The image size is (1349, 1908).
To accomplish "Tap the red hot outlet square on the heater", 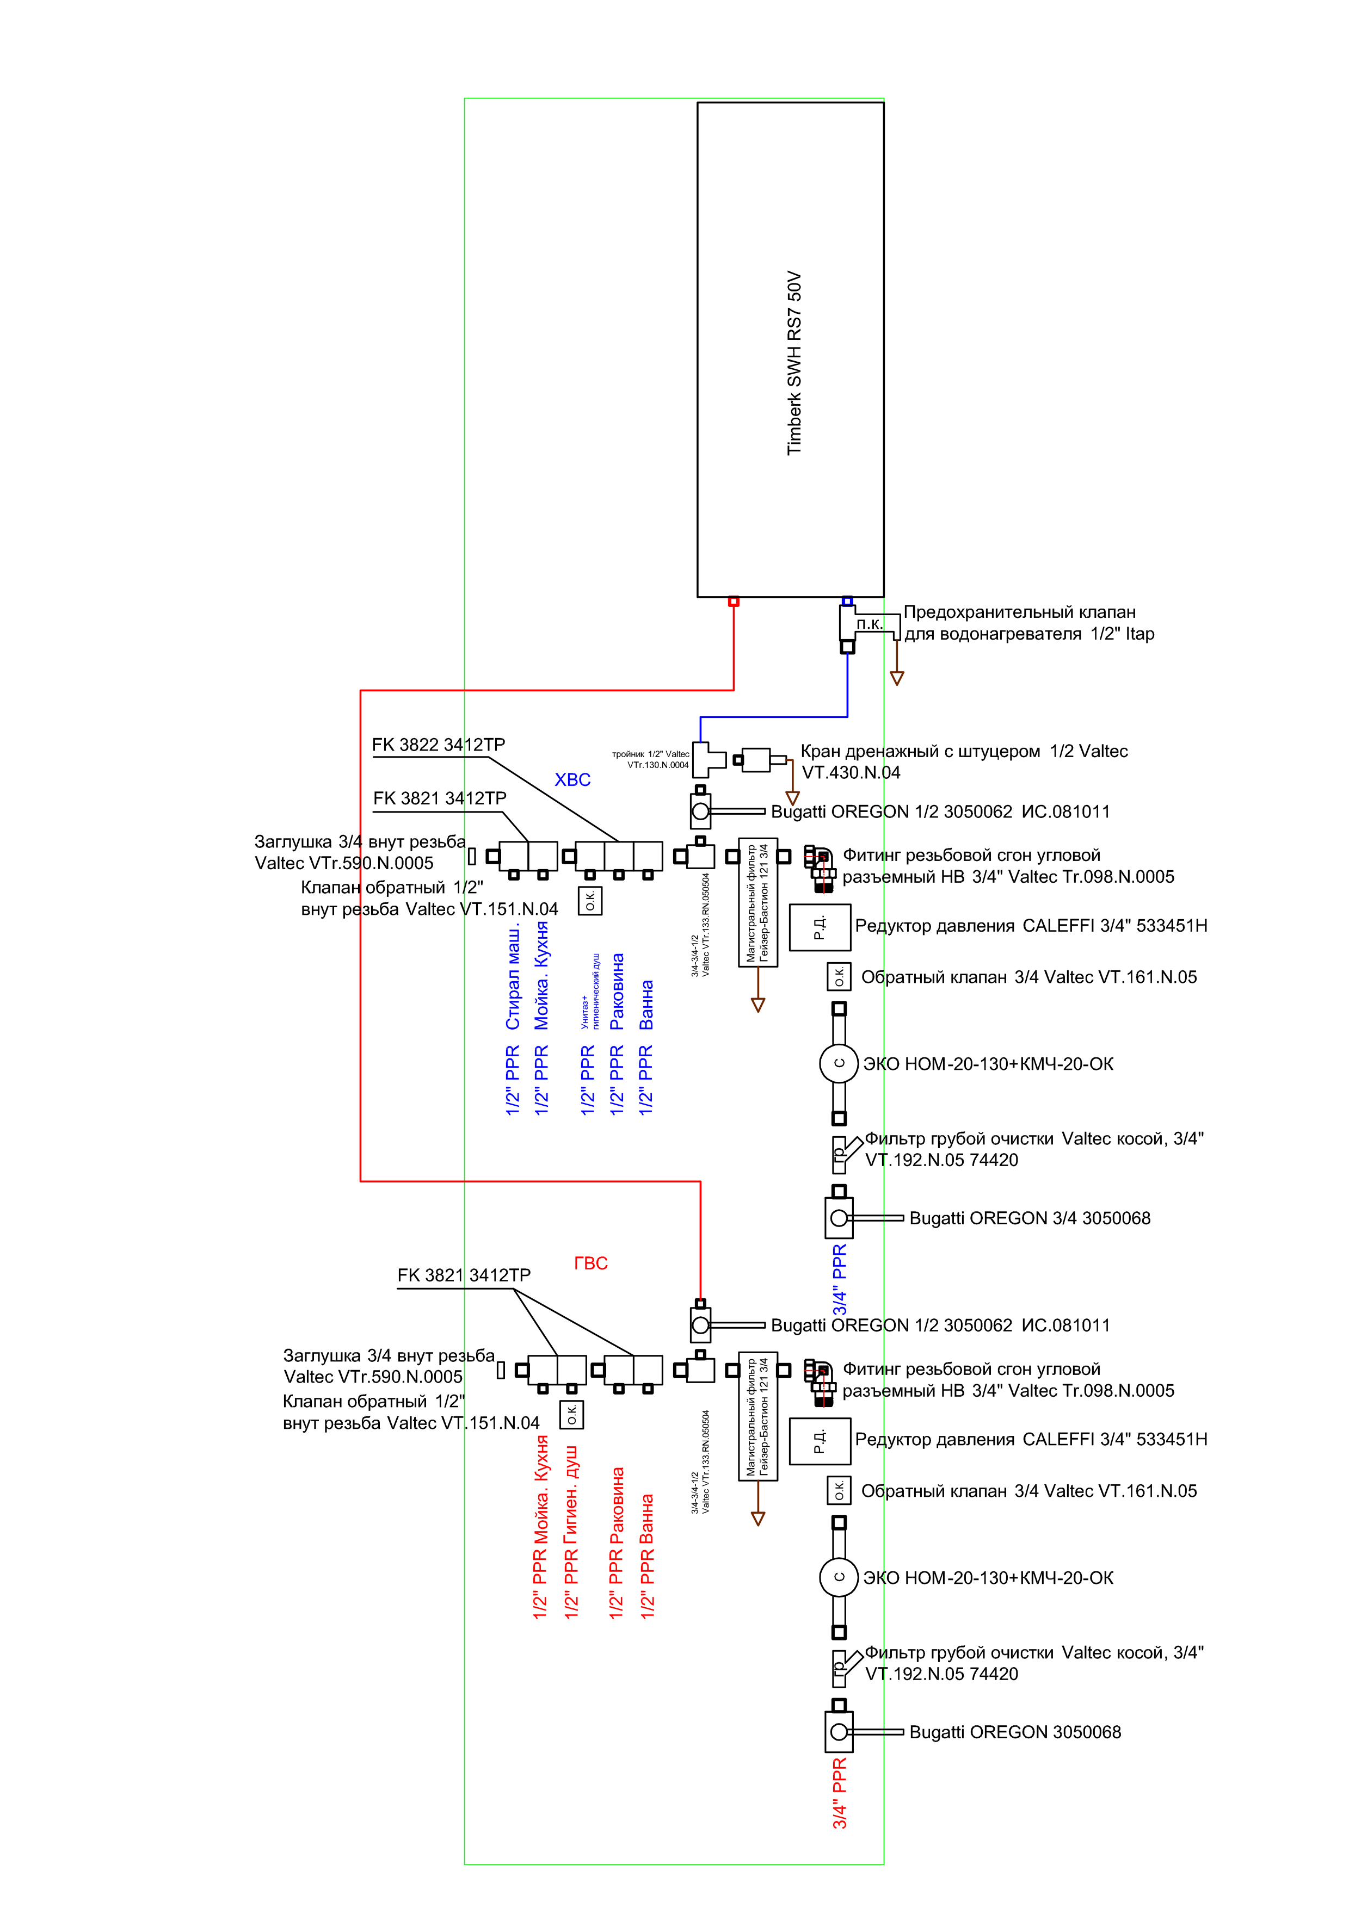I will [733, 601].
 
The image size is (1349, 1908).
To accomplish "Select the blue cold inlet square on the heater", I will [847, 601].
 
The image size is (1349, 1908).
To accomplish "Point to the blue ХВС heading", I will [572, 779].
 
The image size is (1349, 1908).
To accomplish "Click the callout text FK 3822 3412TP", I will [438, 745].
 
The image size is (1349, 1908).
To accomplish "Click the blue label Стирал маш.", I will [513, 977].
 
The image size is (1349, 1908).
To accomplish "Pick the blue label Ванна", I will [646, 1005].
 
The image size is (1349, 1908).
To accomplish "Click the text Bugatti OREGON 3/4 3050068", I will [1029, 1218].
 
